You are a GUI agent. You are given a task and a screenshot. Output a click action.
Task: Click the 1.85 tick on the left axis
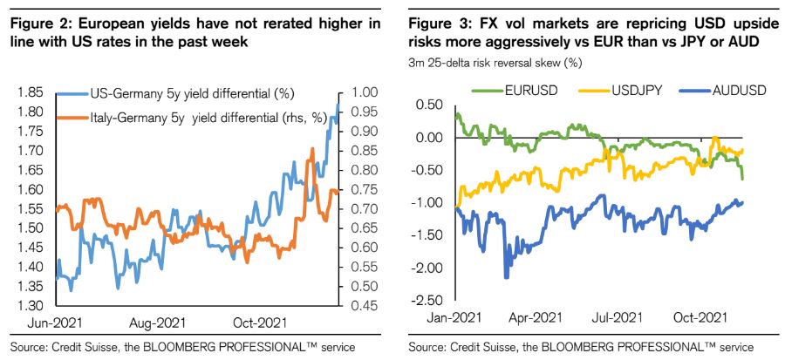click(x=32, y=92)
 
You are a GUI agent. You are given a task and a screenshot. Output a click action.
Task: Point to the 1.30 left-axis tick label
click(x=32, y=306)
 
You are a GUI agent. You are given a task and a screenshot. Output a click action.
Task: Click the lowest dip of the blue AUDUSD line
click(x=506, y=278)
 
